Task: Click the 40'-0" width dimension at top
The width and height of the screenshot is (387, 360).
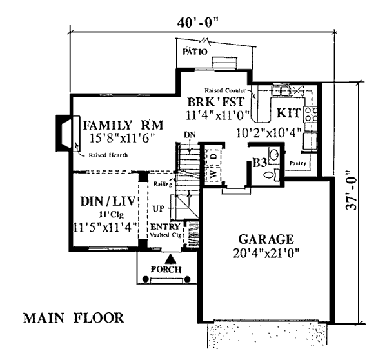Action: click(199, 24)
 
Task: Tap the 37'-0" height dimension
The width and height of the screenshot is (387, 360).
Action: click(351, 190)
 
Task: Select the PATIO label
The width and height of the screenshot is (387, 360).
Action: click(195, 52)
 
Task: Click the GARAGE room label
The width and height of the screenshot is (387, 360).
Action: click(266, 239)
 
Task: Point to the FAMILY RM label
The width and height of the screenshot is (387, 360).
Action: click(123, 125)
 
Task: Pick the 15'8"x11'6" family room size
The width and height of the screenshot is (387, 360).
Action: click(123, 138)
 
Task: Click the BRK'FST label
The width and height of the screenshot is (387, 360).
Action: click(216, 101)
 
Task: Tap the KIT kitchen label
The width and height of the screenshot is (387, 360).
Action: click(288, 113)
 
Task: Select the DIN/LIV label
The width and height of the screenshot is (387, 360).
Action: click(108, 201)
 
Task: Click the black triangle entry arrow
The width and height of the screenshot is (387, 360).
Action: click(170, 259)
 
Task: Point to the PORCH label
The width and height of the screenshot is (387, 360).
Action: click(166, 269)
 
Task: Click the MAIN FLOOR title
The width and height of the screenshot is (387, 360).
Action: click(74, 318)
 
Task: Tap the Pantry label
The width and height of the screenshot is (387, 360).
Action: click(297, 163)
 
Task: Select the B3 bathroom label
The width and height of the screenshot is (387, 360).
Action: click(259, 163)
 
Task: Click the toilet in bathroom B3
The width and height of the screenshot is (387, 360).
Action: click(272, 174)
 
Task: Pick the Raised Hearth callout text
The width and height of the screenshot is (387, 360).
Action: click(108, 155)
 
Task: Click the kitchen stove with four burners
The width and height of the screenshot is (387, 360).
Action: click(311, 114)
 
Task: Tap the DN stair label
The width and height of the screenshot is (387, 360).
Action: click(190, 135)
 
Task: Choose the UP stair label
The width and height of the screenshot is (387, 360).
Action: click(158, 208)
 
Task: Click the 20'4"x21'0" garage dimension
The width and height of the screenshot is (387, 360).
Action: click(266, 253)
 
